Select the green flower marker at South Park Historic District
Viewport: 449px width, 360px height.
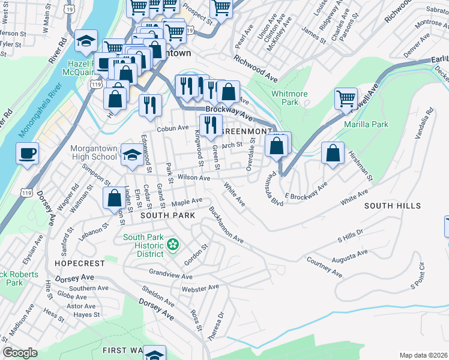coord(173,244)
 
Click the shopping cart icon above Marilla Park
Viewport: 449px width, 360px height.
coord(346,99)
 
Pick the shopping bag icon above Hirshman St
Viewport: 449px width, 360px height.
coord(333,153)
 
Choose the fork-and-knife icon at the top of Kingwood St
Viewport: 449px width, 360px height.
coord(209,125)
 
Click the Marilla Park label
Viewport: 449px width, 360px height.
coord(366,125)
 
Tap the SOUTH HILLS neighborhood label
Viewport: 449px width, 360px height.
coord(392,206)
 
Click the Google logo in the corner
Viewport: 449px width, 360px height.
coord(20,353)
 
